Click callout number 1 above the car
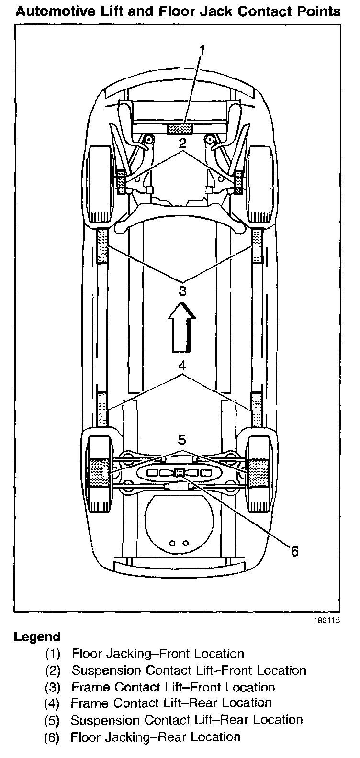(x=203, y=50)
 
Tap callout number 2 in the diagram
(x=182, y=142)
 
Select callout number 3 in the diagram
(x=182, y=290)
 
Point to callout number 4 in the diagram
(x=182, y=366)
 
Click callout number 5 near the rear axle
(x=182, y=439)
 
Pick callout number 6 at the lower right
(x=294, y=551)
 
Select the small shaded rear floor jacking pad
(x=179, y=472)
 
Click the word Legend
(x=37, y=637)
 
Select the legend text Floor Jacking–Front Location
(x=158, y=654)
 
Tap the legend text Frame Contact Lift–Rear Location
(x=171, y=703)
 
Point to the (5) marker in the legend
(x=52, y=720)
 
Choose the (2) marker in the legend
(x=52, y=670)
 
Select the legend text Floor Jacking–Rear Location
(x=156, y=737)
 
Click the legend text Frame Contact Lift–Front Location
(x=173, y=687)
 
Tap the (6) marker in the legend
(x=52, y=737)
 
